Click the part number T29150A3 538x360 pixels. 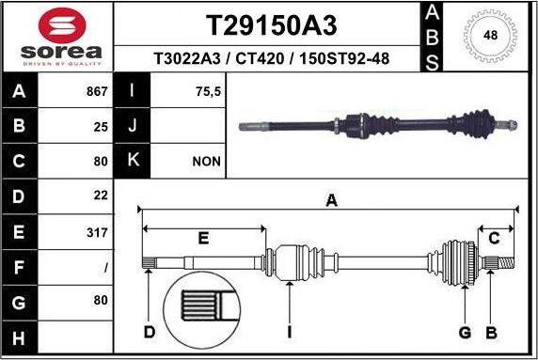click(270, 23)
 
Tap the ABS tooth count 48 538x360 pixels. click(490, 36)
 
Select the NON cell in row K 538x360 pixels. click(206, 161)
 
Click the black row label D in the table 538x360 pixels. click(21, 196)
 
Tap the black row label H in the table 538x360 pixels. click(21, 336)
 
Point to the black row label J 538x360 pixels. click(133, 126)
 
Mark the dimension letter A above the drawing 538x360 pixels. click(330, 199)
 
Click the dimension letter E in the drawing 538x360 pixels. click(203, 239)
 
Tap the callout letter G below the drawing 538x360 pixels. click(464, 332)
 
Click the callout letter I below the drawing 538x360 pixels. click(290, 332)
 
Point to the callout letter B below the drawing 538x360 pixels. click(490, 332)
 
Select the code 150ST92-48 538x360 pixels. click(345, 59)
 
